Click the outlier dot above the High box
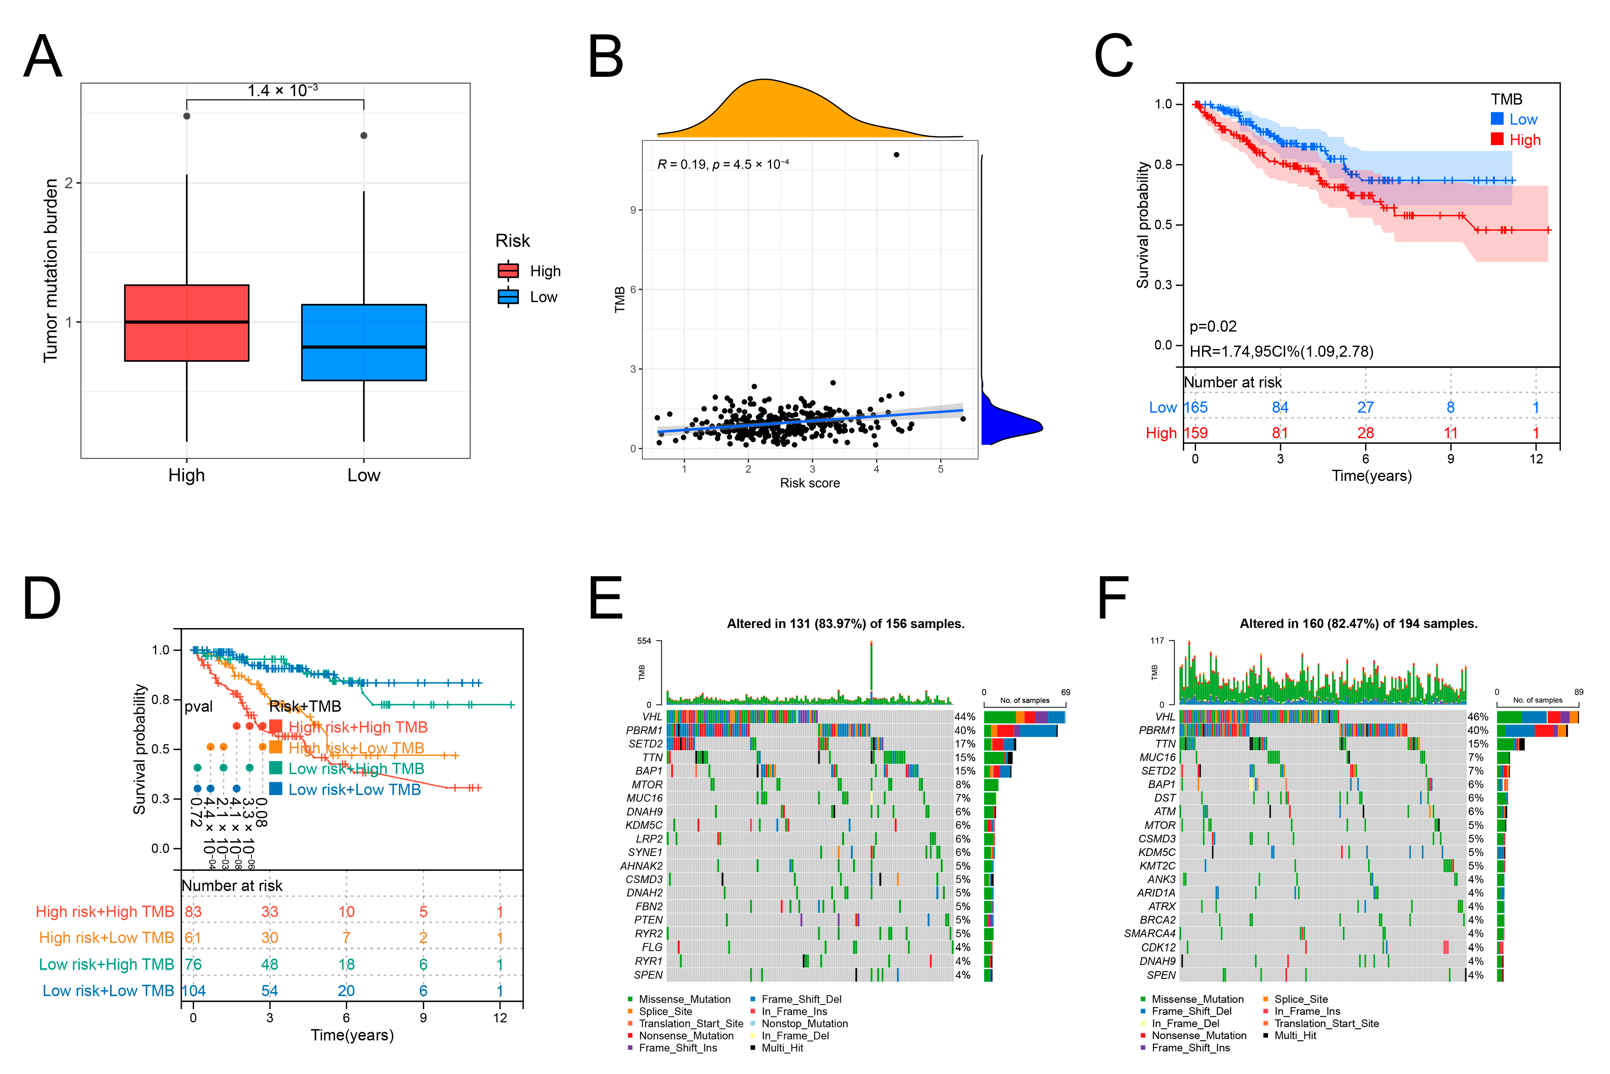point(187,116)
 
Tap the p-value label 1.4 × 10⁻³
point(282,90)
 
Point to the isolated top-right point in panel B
point(897,155)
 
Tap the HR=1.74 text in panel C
point(1281,351)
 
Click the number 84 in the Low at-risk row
point(1280,407)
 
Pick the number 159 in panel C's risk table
point(1196,433)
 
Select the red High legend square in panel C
point(1497,139)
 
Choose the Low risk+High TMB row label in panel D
point(106,964)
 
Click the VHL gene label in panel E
point(652,716)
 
